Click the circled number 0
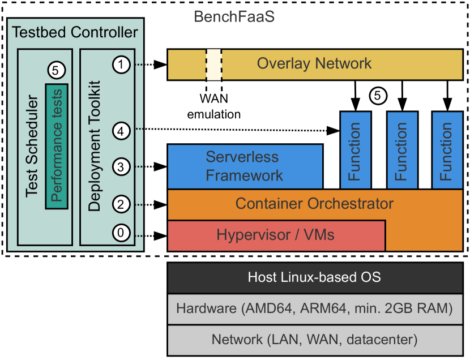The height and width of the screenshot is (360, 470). coord(121,232)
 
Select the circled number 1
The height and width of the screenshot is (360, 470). coord(121,64)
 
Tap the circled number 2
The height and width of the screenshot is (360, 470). coord(121,203)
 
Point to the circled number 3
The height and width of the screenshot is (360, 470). coord(121,167)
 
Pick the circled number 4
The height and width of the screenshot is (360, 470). coord(121,130)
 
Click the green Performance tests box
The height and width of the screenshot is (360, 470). coord(57,145)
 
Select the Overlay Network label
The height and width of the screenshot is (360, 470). coord(314,63)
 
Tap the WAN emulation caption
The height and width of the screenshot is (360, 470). coord(214,107)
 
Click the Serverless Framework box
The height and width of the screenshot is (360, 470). coord(245,166)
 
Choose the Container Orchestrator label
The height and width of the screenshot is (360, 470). coord(314,203)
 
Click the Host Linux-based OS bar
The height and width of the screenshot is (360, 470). coord(314,277)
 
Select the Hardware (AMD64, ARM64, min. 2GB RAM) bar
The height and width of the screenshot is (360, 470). coord(314,308)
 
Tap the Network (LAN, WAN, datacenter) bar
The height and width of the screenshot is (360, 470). coord(314,340)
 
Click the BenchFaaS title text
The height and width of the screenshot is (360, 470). coord(234,16)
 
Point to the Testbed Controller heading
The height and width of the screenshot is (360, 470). coord(75,32)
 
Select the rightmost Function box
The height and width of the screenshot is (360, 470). coord(447,151)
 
